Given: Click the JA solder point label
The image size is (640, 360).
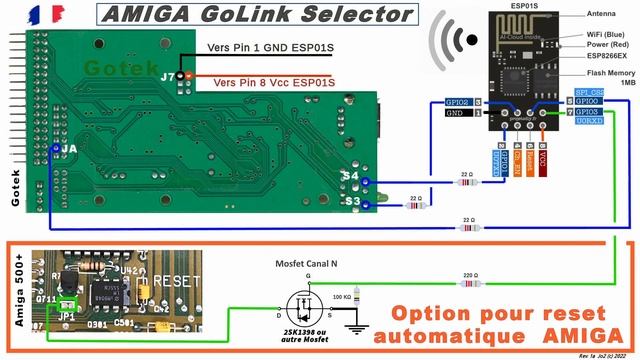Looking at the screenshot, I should point(67,148).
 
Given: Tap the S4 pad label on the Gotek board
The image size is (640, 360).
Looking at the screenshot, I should point(350,177).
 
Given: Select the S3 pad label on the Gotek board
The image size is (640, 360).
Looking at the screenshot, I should point(350,201).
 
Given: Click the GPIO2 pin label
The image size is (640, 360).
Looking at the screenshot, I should point(457,102).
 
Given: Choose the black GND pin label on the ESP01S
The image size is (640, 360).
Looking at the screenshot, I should point(457,114).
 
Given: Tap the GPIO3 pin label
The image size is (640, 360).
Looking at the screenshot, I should point(587,113).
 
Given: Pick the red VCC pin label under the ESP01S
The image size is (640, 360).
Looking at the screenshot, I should point(542,161).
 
